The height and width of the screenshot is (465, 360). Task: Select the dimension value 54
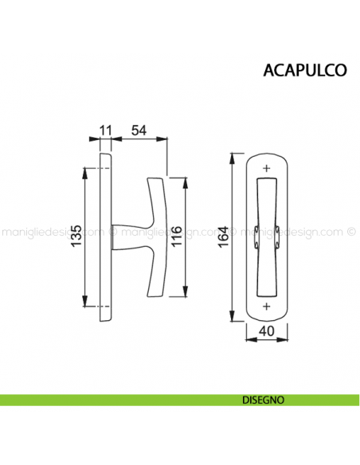pos(139,129)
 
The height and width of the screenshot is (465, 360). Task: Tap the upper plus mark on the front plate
pos(266,166)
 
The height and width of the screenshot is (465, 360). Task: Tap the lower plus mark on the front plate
pos(266,307)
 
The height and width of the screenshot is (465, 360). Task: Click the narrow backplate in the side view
pos(104,236)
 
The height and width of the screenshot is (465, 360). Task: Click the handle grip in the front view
pos(266,236)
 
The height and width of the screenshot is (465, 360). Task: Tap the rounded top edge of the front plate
pos(266,152)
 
